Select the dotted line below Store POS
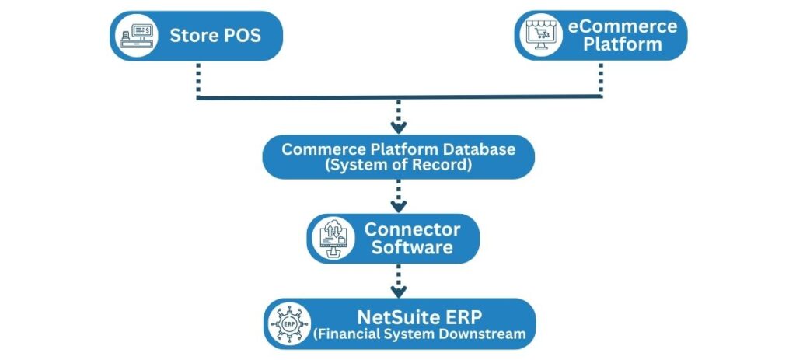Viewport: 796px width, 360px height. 197,78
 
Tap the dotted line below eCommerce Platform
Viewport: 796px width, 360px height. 601,78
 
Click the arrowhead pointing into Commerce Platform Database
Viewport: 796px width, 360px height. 398,127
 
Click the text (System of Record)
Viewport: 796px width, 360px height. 398,166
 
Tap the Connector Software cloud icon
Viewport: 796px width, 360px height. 333,239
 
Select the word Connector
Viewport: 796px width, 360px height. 412,229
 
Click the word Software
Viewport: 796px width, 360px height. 412,248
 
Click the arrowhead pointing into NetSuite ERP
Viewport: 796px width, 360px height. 398,292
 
